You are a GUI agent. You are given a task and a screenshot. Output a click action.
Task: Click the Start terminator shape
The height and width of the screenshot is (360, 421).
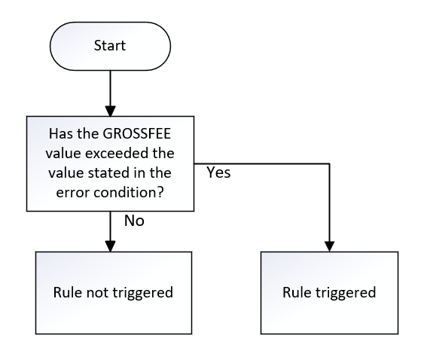pos(109,46)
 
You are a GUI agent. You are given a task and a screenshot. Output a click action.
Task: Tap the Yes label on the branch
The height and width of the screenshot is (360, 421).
pos(218,172)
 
